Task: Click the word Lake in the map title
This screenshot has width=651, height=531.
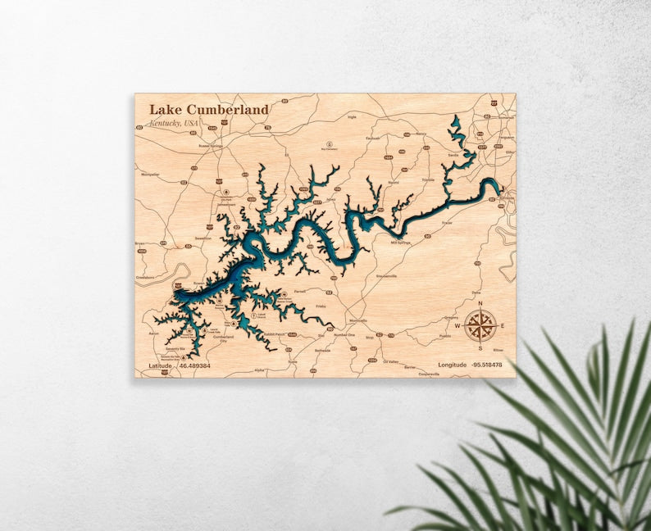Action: tap(166, 110)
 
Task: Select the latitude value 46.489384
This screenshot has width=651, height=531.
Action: tap(193, 365)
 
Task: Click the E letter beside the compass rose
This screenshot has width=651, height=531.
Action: tap(502, 325)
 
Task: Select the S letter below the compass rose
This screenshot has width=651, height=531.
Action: tap(480, 347)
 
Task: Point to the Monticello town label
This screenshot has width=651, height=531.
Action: tap(358, 320)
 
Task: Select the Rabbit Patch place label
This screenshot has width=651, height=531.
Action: tap(274, 334)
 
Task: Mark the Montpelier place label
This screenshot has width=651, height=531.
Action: tap(150, 174)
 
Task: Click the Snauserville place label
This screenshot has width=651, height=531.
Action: tap(387, 276)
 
